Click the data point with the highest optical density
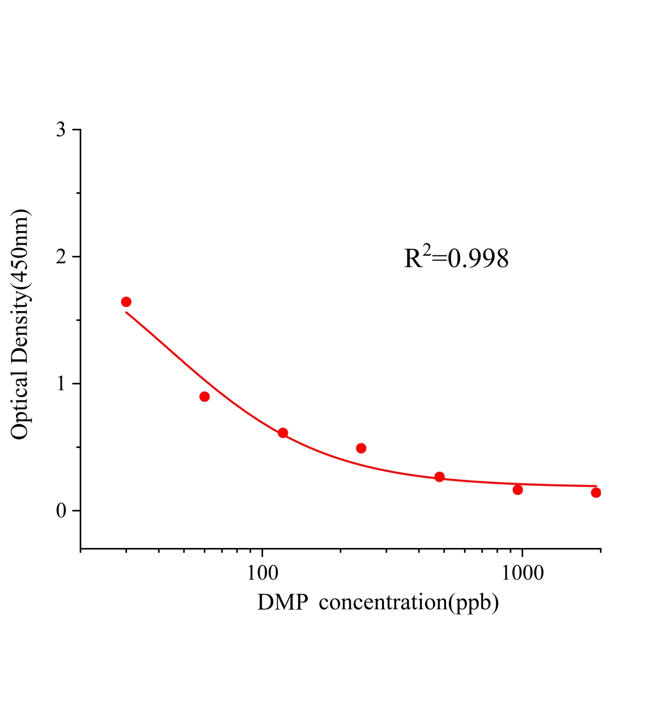tap(126, 302)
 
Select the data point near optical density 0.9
tap(204, 396)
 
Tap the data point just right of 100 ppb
tap(283, 433)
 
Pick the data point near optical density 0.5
tap(361, 448)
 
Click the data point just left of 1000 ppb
tap(518, 490)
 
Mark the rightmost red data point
tap(596, 493)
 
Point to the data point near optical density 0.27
tap(439, 477)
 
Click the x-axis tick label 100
tap(262, 573)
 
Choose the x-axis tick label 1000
tap(522, 573)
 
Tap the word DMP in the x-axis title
tap(282, 602)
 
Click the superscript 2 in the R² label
tap(426, 251)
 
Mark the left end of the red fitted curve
tap(126, 312)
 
